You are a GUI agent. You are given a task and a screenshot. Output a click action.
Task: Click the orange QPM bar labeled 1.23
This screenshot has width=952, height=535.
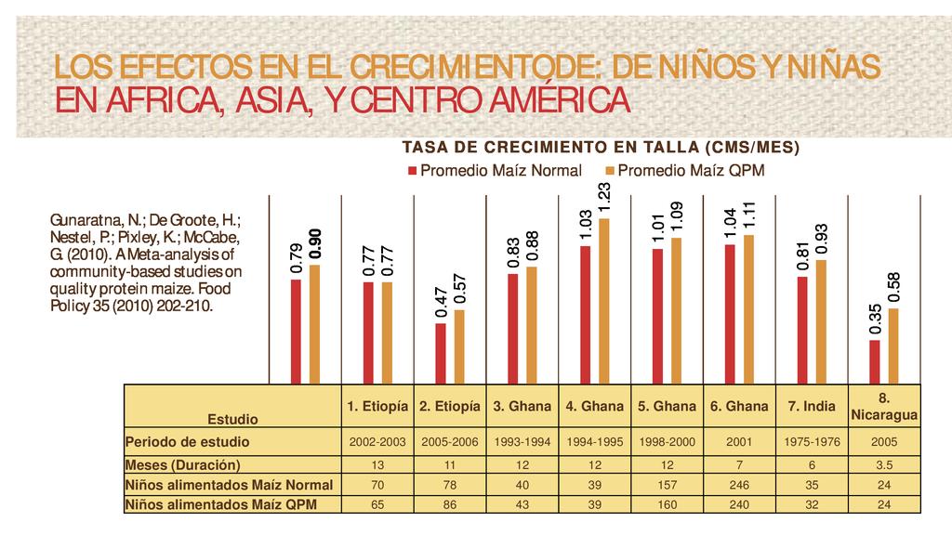pyautogui.click(x=604, y=301)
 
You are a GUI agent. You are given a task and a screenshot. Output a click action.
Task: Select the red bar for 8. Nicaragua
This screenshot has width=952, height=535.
pyautogui.click(x=876, y=361)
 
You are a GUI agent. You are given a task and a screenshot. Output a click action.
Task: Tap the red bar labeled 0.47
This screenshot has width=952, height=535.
pyautogui.click(x=441, y=353)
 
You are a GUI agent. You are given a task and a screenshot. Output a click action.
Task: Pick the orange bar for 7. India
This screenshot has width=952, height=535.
pyautogui.click(x=820, y=321)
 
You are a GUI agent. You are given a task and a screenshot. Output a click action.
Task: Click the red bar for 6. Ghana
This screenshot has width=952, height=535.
pyautogui.click(x=731, y=313)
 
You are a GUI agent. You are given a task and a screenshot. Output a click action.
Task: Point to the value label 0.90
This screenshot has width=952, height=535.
pyautogui.click(x=315, y=243)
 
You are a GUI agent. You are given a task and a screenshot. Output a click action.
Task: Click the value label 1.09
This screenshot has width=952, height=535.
pyautogui.click(x=677, y=216)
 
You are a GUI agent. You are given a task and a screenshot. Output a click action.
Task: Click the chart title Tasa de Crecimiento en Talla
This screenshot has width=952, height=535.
pyautogui.click(x=600, y=148)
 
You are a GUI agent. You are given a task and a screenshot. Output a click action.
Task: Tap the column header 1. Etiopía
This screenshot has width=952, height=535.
pyautogui.click(x=377, y=407)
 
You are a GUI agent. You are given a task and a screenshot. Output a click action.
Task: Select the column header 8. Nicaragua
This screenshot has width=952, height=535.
pyautogui.click(x=884, y=407)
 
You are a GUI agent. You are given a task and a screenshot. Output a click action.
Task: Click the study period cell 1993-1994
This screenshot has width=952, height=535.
pyautogui.click(x=522, y=442)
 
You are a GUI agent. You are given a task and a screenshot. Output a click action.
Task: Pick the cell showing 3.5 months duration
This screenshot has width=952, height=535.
pyautogui.click(x=884, y=464)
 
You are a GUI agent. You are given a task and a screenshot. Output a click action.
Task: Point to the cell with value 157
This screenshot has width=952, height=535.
pyautogui.click(x=668, y=484)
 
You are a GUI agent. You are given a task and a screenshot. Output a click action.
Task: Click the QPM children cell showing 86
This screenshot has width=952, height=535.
pyautogui.click(x=450, y=504)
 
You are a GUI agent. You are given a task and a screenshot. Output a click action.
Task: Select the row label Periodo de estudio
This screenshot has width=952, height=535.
pyautogui.click(x=187, y=442)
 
